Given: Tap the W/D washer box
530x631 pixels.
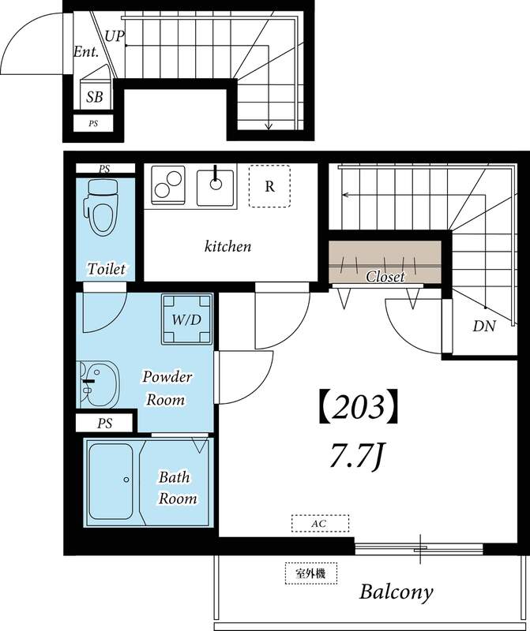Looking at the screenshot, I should point(186,320).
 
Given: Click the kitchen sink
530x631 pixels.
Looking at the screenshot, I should point(214,186).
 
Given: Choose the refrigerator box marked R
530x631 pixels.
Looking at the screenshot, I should point(269,187).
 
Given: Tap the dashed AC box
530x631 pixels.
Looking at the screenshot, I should point(320,523).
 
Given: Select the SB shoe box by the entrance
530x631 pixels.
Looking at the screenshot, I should point(95,97).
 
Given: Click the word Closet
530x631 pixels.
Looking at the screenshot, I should point(385,277).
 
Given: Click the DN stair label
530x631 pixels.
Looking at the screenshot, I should point(483,325).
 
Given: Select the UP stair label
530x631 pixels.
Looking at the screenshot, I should point(114,36).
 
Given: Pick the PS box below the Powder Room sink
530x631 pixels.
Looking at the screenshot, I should point(104,424).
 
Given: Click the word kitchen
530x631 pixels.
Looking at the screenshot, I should point(227,247).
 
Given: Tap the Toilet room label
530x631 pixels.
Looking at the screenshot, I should point(106,269).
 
